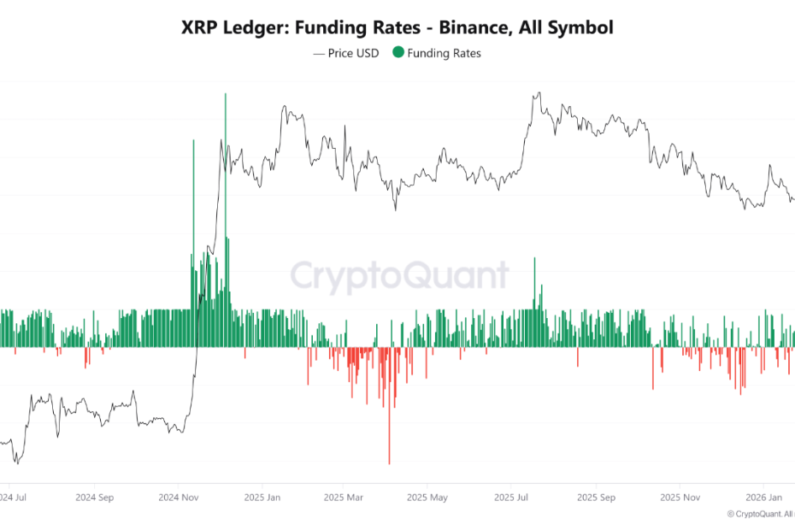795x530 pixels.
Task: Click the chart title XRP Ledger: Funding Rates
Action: [x=397, y=27]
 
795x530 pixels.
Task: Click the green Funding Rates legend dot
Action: [x=398, y=53]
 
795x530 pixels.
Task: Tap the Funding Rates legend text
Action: [x=444, y=53]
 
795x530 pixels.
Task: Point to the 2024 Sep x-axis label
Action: [x=94, y=497]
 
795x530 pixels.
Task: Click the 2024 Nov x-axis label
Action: [x=178, y=497]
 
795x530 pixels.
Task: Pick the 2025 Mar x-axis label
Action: [x=344, y=497]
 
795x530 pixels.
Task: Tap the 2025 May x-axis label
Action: [x=427, y=497]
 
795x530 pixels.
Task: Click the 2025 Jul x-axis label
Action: [x=510, y=497]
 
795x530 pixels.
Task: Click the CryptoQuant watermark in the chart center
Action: [x=399, y=276]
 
